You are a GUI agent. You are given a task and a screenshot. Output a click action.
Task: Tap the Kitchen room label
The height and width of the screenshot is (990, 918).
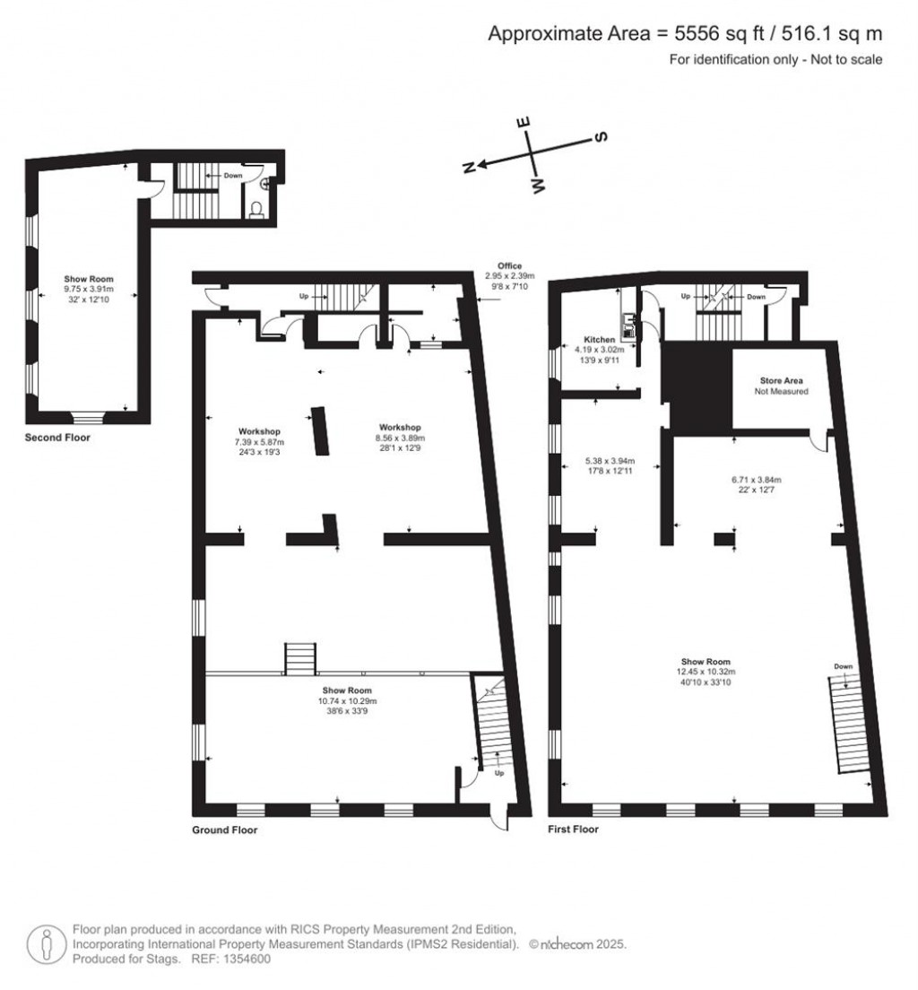(599, 339)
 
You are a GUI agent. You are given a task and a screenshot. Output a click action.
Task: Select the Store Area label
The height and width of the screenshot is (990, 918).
(781, 381)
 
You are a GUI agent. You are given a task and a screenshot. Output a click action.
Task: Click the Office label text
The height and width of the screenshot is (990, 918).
(509, 265)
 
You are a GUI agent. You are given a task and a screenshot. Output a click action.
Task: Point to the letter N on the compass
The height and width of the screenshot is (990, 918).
(469, 168)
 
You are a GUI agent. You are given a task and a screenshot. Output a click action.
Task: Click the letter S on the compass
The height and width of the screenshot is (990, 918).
(602, 136)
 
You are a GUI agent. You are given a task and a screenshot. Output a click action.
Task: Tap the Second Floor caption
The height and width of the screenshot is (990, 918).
(57, 437)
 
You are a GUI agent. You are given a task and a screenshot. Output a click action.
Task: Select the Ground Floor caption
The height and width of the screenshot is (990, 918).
(225, 829)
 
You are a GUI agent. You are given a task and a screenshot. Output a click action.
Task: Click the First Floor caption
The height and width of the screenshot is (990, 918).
(573, 829)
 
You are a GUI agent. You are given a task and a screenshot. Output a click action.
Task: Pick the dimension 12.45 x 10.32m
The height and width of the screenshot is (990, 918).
(706, 672)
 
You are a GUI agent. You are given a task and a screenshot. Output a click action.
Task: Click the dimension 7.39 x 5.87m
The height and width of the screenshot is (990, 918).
(259, 442)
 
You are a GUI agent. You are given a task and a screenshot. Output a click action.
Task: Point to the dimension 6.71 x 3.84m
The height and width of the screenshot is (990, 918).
(756, 480)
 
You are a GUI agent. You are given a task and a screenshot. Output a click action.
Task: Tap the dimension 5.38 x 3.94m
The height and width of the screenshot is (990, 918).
(610, 461)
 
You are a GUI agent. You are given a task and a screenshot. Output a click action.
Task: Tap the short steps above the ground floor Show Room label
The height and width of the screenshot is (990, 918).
(300, 659)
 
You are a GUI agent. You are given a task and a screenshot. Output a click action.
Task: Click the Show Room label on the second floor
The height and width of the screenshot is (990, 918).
(89, 279)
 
